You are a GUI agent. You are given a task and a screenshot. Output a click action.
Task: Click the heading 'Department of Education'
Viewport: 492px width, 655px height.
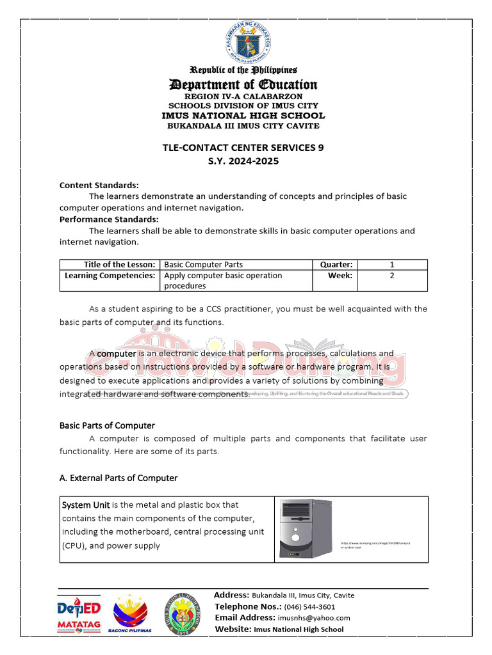tap(243, 84)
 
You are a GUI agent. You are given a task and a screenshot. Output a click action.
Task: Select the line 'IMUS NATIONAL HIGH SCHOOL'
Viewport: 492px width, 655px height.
tap(243, 116)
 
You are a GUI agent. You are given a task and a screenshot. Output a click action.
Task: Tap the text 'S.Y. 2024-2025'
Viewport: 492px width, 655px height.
tap(243, 161)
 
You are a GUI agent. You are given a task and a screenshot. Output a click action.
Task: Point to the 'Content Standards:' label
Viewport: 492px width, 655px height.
tap(99, 185)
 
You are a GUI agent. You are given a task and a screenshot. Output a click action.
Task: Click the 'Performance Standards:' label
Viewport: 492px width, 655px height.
tap(109, 219)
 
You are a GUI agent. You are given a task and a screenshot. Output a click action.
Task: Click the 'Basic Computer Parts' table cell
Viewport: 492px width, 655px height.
tap(204, 264)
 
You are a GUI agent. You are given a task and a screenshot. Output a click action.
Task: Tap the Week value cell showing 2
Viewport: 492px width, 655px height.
tap(391, 276)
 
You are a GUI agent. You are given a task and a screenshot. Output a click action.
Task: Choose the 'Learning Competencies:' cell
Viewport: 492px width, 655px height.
tap(110, 276)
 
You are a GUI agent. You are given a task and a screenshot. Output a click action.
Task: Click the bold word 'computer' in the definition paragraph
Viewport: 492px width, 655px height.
tap(117, 354)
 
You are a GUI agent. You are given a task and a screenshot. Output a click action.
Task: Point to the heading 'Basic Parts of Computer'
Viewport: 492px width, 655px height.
tap(107, 425)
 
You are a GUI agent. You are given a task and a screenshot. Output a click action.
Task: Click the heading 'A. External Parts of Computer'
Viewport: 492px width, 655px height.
tap(119, 478)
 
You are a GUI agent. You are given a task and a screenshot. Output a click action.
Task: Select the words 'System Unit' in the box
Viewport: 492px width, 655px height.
tap(86, 505)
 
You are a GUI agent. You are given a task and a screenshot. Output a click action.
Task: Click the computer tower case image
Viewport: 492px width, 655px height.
tap(305, 528)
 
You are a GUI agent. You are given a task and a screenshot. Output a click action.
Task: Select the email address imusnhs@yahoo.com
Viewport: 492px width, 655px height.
tap(314, 618)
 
